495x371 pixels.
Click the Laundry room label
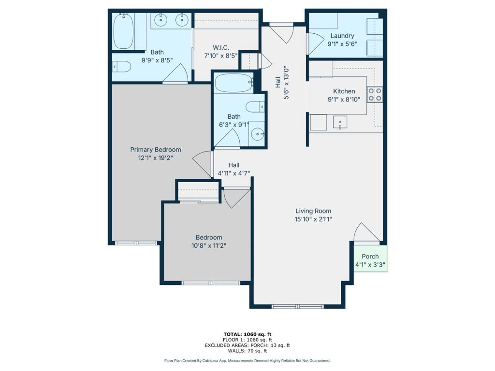point(342,36)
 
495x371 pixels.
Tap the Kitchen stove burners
point(375,95)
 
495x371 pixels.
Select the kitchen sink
point(340,122)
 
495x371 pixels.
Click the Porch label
point(370,257)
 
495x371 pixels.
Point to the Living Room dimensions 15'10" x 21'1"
point(313,219)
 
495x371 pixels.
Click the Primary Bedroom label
point(156,150)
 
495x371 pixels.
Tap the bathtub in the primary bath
point(123,31)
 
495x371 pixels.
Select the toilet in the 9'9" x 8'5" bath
point(121,67)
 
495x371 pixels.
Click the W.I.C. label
point(221,48)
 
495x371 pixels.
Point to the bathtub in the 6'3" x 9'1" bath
point(234,83)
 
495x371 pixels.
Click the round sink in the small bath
point(258,134)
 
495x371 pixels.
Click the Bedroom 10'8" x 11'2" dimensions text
point(209,245)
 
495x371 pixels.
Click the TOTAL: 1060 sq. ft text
point(247,334)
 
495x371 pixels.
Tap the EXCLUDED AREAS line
point(247,345)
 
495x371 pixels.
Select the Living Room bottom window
point(298,306)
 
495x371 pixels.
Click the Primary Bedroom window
point(136,243)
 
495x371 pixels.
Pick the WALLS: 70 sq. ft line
point(247,351)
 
